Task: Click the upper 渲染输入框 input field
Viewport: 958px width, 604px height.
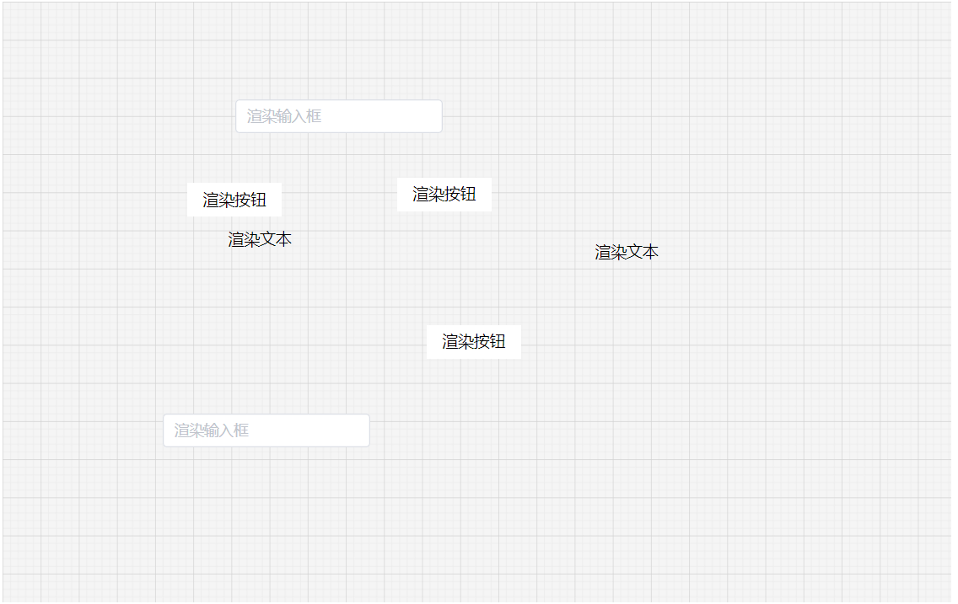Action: pyautogui.click(x=338, y=116)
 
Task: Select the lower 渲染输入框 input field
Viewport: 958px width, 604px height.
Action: pyautogui.click(x=266, y=430)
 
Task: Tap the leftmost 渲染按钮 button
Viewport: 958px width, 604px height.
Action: pyautogui.click(x=234, y=200)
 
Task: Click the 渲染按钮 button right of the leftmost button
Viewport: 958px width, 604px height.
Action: pyautogui.click(x=444, y=195)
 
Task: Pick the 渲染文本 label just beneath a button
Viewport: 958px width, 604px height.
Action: pyautogui.click(x=260, y=240)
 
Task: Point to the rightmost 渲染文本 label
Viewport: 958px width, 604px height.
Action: pyautogui.click(x=627, y=253)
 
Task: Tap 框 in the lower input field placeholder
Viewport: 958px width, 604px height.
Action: pyautogui.click(x=240, y=430)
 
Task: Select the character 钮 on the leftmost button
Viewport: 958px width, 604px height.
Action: pyautogui.click(x=259, y=200)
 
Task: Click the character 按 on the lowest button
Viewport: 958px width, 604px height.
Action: pyautogui.click(x=482, y=342)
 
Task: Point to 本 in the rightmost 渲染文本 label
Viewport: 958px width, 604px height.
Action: pyautogui.click(x=651, y=253)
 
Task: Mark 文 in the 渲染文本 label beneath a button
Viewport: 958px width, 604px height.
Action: pyautogui.click(x=268, y=240)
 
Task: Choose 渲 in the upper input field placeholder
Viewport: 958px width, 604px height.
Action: pyautogui.click(x=256, y=116)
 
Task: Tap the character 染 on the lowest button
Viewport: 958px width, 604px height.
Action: pyautogui.click(x=466, y=342)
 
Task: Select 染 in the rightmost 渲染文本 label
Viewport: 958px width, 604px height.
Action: pyautogui.click(x=619, y=253)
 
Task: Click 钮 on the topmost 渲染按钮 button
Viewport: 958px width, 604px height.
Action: pyautogui.click(x=469, y=195)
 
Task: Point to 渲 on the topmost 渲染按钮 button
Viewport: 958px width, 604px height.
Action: pyautogui.click(x=421, y=195)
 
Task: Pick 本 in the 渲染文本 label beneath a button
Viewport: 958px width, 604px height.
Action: pyautogui.click(x=284, y=240)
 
